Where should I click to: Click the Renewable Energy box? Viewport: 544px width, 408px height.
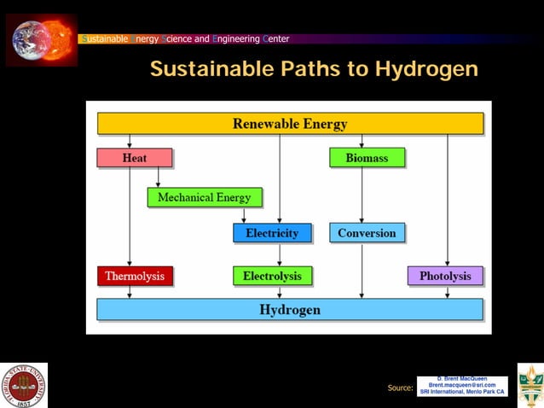(x=290, y=124)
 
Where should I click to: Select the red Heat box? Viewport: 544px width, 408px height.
(x=134, y=158)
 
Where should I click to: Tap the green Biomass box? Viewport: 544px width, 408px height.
(x=367, y=158)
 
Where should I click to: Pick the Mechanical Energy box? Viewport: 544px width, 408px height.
(x=204, y=197)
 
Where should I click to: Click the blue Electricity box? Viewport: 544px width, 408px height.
(x=272, y=233)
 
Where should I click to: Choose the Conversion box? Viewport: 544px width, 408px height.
(x=367, y=233)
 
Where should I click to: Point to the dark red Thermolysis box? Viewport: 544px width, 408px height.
(x=135, y=276)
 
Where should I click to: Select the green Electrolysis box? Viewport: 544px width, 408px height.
(x=272, y=276)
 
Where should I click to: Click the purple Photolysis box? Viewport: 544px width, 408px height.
(x=445, y=276)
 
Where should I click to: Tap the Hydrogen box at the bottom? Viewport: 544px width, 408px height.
(x=290, y=309)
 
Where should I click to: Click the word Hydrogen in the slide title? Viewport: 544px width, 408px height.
(x=425, y=69)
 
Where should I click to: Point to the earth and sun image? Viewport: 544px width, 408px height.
(x=41, y=38)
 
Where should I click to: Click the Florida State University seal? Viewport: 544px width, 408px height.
(x=25, y=385)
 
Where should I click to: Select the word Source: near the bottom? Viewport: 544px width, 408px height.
(x=400, y=388)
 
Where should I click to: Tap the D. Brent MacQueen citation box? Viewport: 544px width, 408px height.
(x=462, y=386)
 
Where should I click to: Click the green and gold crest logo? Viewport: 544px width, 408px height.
(x=530, y=385)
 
